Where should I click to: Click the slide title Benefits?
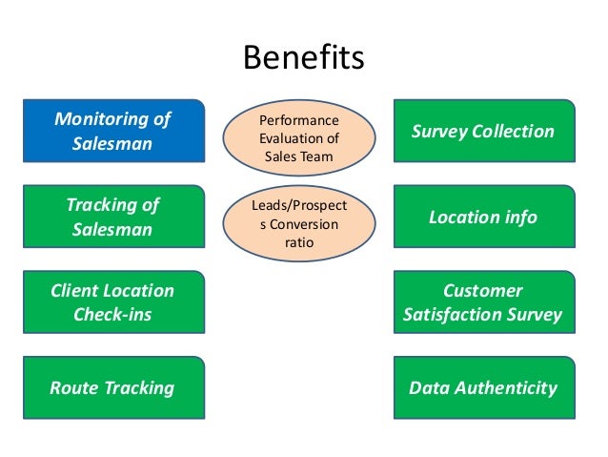(x=304, y=57)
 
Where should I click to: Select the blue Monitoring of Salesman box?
(x=112, y=132)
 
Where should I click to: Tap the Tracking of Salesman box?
(x=112, y=218)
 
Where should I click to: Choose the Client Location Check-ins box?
(x=112, y=301)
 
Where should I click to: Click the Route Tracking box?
(x=112, y=387)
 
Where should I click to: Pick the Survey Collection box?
(x=482, y=132)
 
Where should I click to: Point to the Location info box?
(x=482, y=218)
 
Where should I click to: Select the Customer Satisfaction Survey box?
(x=482, y=301)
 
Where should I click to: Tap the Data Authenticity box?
(x=482, y=387)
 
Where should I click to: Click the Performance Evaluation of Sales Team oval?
(x=298, y=139)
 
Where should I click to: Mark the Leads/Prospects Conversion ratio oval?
(x=298, y=223)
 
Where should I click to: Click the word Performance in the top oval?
(x=298, y=121)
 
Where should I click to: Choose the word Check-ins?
(x=112, y=314)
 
